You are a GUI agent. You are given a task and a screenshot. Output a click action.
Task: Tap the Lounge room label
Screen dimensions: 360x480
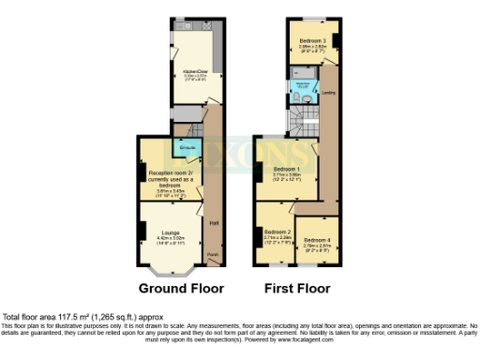171,232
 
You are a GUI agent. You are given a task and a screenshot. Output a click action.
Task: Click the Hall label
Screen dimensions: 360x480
214,222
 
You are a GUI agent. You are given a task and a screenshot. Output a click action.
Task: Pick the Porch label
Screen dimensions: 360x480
213,254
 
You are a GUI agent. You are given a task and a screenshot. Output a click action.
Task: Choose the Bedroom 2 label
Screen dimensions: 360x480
277,231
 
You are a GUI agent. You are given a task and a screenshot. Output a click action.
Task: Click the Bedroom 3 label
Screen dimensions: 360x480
312,41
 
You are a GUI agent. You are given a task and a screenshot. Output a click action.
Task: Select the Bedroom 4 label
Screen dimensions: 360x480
319,240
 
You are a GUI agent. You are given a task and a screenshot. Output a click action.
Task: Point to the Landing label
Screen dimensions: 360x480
329,93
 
